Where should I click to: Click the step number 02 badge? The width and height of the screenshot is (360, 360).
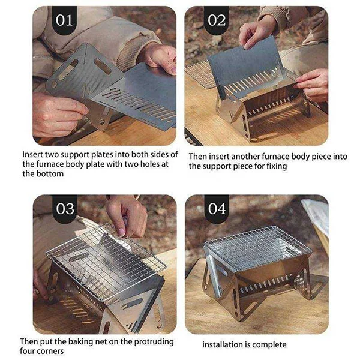click(x=217, y=20)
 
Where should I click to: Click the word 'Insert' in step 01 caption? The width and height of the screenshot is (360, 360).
click(x=34, y=154)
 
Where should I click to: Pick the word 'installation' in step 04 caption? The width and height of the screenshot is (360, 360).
click(x=221, y=344)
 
